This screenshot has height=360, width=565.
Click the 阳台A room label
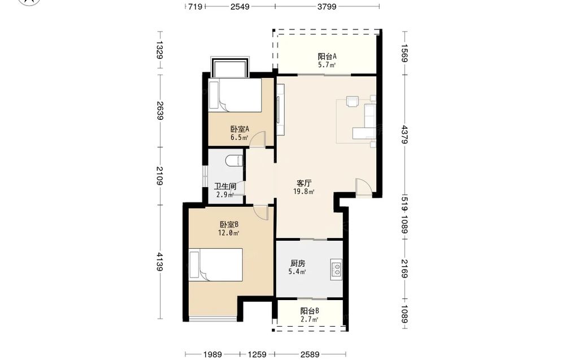pos(327,57)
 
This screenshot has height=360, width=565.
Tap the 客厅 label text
pos(304,184)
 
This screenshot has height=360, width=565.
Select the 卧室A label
pos(240,129)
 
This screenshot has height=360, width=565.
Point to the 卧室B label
pos(229,224)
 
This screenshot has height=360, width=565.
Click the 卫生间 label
pos(225,186)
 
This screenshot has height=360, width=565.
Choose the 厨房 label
pos(298,263)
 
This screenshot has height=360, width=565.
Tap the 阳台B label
pos(310,311)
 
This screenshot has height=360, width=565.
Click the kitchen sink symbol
pos(336,270)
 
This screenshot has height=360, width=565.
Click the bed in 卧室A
pos(235,95)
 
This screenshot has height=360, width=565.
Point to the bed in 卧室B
pos(215,265)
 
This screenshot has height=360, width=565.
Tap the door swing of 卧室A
pos(258,139)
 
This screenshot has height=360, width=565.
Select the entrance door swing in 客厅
pos(364,187)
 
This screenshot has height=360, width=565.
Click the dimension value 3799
pos(327,6)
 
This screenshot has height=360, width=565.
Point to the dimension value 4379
pos(405,135)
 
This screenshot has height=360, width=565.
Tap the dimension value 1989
pos(212,354)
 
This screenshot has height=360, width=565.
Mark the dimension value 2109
pos(160,176)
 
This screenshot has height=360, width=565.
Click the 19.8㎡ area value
pos(304,192)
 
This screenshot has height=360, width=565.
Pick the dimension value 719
pos(195,6)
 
